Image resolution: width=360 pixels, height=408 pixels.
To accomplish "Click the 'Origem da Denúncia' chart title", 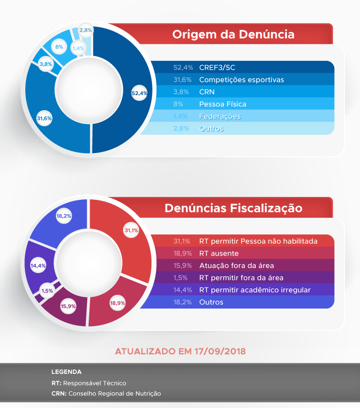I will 233,35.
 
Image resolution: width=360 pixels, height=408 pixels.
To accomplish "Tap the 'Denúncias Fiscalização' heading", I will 233,208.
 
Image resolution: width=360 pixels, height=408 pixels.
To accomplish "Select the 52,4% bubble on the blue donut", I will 139,93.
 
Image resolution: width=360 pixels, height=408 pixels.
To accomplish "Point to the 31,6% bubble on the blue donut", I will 44,118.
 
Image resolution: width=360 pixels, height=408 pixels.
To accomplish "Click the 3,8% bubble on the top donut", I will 46,64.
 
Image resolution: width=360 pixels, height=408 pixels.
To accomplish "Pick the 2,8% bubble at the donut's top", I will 86,30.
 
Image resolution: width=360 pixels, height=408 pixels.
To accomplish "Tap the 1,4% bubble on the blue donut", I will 78,48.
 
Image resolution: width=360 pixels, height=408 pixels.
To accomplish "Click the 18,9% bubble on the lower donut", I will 117,303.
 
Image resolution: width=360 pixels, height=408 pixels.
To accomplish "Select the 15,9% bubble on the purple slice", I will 68,306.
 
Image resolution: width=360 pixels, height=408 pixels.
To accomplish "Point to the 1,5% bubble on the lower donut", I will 47,291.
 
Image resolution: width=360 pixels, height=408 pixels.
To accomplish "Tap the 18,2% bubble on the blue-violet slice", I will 64,215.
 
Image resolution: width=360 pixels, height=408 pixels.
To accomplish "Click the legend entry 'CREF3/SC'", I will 217,67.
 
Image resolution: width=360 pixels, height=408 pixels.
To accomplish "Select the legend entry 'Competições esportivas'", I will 241,79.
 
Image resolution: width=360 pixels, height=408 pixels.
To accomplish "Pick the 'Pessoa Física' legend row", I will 223,104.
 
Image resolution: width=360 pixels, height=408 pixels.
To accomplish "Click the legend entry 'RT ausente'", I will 219,253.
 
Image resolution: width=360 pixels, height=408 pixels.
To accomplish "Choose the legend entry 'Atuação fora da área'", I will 236,266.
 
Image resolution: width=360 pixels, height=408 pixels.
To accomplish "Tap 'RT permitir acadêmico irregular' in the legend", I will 255,290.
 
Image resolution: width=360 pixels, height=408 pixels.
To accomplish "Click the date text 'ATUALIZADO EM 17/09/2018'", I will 180,351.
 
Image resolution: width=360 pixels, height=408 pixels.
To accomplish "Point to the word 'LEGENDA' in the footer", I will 66,372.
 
